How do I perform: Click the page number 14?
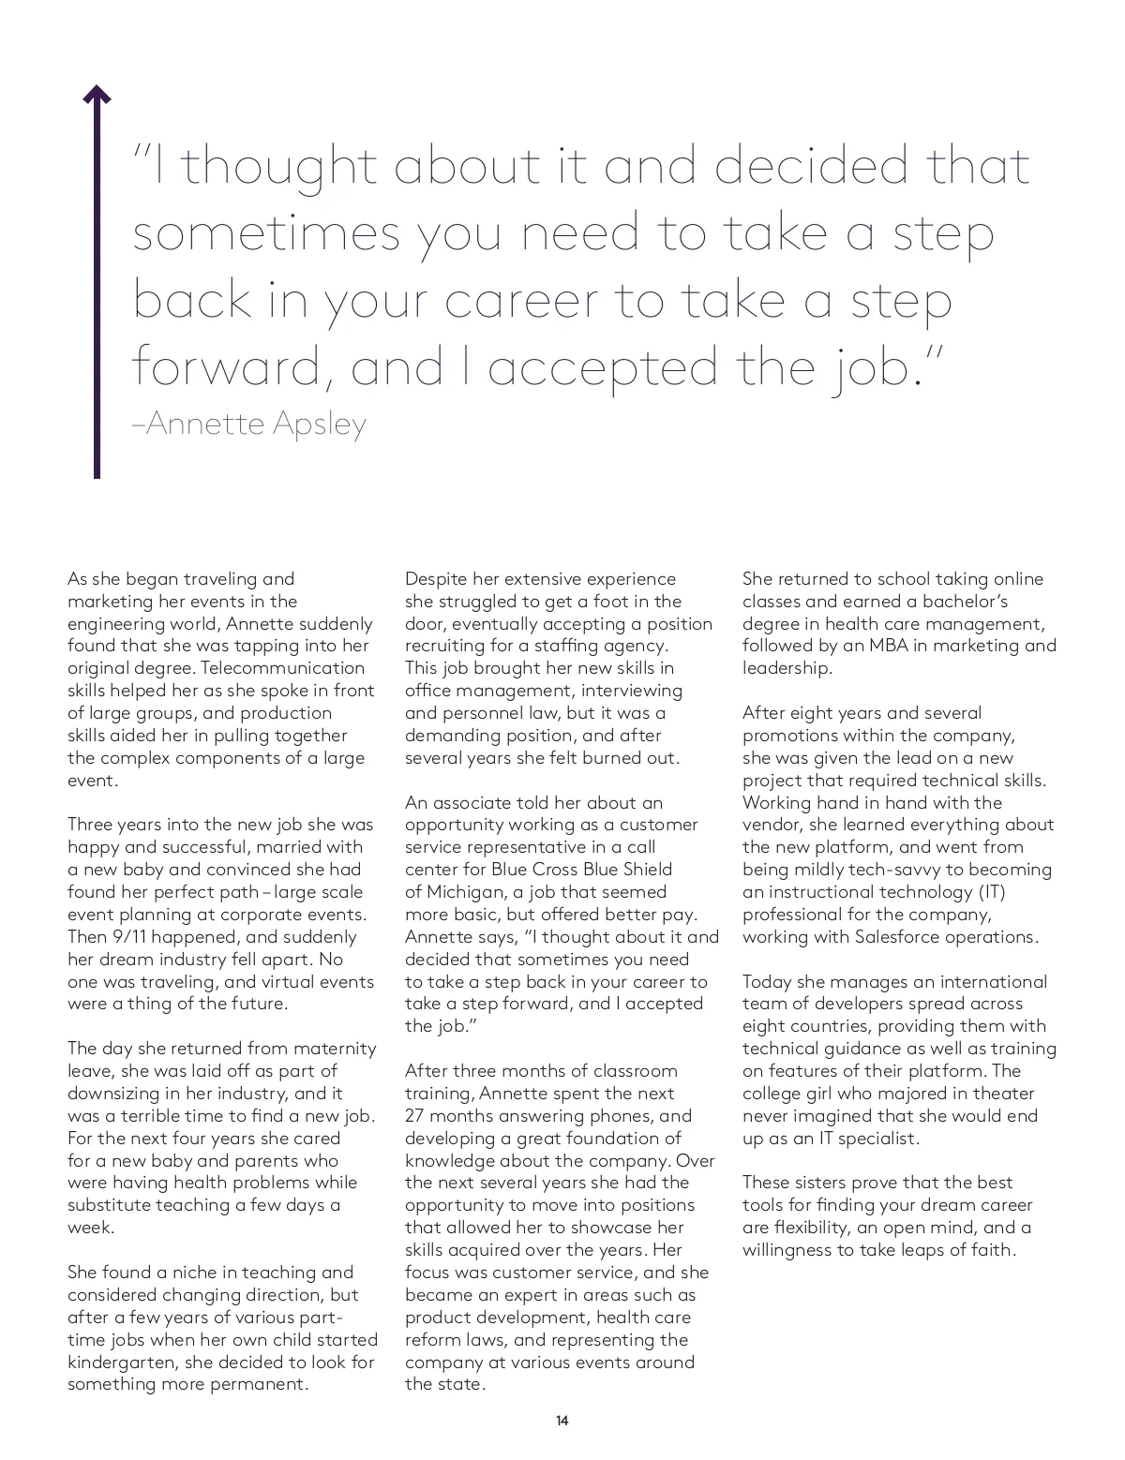(x=562, y=1421)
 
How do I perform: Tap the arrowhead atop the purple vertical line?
(x=97, y=94)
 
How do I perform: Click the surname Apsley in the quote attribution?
(x=320, y=425)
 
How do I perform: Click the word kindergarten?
(x=123, y=1363)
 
